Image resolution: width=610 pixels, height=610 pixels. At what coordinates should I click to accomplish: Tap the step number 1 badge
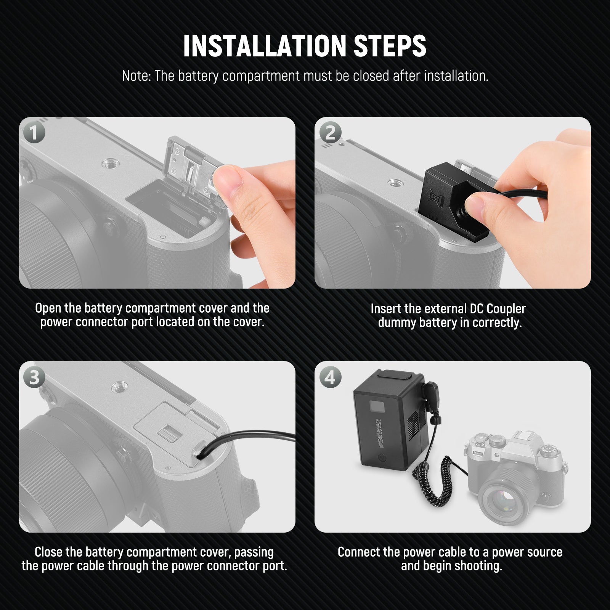pyautogui.click(x=34, y=132)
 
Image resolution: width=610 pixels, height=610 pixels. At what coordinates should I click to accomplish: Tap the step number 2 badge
pyautogui.click(x=330, y=132)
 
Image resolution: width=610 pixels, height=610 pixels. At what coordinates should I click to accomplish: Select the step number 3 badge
pyautogui.click(x=34, y=377)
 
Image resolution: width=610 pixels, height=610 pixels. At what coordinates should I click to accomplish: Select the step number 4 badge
pyautogui.click(x=330, y=377)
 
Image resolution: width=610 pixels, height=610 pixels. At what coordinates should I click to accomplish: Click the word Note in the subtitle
pyautogui.click(x=136, y=76)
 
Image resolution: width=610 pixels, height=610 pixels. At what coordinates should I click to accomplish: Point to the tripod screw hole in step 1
pyautogui.click(x=108, y=164)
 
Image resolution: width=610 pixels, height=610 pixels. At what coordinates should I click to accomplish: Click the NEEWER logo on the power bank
pyautogui.click(x=380, y=433)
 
